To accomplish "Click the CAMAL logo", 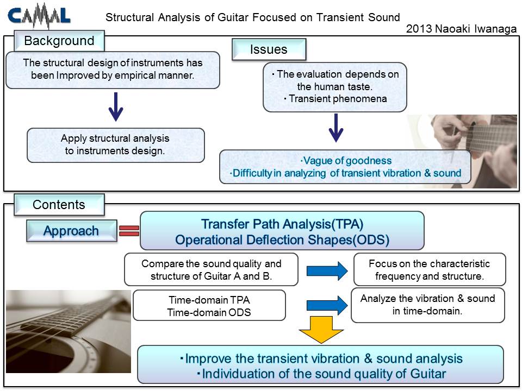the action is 39,16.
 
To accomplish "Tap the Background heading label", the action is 59,41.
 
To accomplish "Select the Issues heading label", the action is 269,49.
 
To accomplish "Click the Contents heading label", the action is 59,205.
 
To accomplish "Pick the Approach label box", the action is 72,230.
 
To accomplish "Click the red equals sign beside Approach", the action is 129,231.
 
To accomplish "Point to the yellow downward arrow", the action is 321,330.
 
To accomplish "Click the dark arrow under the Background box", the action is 116,107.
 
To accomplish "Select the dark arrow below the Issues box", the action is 336,128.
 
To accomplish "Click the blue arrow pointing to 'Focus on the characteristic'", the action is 327,271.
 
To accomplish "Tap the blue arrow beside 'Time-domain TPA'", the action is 327,305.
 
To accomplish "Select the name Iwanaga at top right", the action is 495,29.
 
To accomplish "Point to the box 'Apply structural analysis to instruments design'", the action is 116,146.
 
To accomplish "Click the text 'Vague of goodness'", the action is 346,161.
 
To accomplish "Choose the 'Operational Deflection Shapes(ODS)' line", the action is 282,239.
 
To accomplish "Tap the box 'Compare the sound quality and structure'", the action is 211,270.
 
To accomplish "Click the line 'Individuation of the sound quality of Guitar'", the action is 321,374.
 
